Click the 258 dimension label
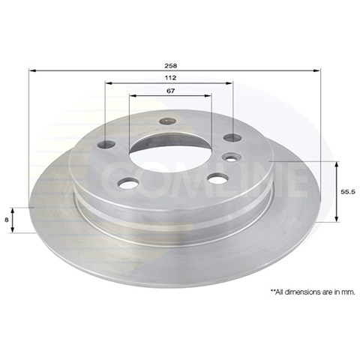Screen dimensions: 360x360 coord(170,66)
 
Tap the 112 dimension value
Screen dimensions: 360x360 coord(170,78)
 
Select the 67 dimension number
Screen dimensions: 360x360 coord(170,91)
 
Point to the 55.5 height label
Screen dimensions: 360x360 coord(348,192)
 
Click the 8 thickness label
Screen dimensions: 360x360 coord(7,220)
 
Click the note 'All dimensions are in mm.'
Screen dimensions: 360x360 coord(313,292)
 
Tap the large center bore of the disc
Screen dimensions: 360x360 coord(170,155)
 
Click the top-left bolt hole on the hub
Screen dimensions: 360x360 coord(106,144)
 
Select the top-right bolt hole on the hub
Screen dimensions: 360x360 coord(232,137)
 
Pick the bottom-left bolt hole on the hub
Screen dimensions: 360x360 coord(128,183)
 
